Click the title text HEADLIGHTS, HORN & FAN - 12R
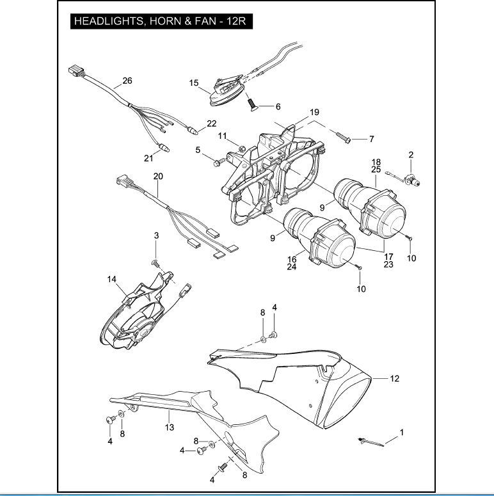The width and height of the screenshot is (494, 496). (x=160, y=21)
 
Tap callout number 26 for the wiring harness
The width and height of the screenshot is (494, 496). (x=127, y=81)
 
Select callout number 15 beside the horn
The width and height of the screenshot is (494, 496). (x=194, y=83)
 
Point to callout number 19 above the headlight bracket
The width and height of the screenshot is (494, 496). (x=314, y=112)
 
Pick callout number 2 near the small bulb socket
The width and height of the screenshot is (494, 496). (x=429, y=154)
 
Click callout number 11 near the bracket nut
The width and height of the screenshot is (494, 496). (x=222, y=135)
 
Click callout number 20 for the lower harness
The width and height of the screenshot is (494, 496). (x=158, y=175)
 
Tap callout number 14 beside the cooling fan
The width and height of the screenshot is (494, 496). (x=111, y=279)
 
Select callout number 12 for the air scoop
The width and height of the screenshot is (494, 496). (x=395, y=378)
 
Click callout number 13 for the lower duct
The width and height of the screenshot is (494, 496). (x=169, y=427)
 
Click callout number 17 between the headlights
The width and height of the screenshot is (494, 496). (x=388, y=255)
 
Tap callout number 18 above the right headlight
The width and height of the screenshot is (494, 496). (x=376, y=162)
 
